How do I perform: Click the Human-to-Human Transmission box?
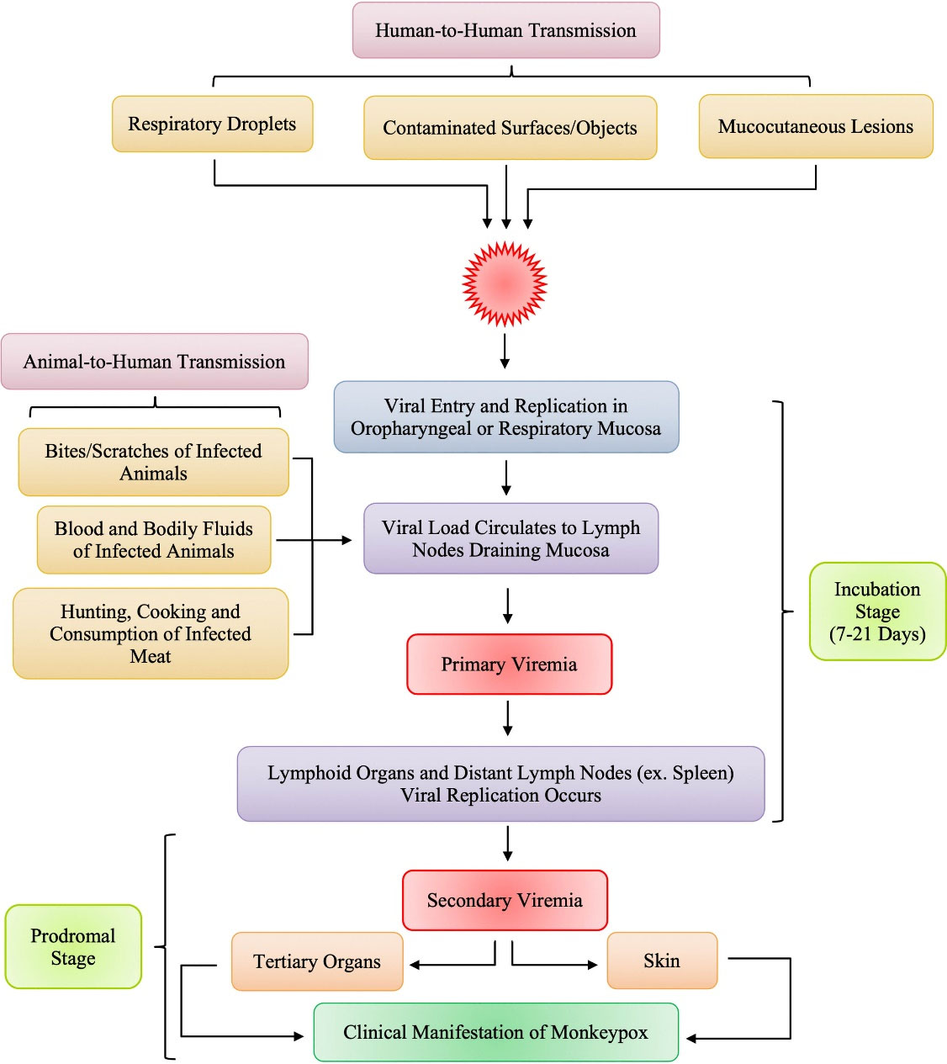pos(505,30)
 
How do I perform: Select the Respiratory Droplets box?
pos(212,124)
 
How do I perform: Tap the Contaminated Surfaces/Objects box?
pos(510,128)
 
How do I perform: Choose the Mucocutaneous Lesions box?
pos(815,126)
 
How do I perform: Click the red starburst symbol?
pos(505,283)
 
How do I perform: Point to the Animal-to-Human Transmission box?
pos(155,362)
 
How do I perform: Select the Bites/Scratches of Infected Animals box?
pos(153,462)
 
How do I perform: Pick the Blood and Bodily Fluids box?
pos(154,539)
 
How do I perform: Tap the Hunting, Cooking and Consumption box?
pos(151,633)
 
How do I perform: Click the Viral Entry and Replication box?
pos(505,417)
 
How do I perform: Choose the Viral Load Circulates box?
pos(511,538)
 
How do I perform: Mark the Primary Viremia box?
pos(509,664)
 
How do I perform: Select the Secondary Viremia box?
pos(505,900)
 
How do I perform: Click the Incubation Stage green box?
pos(877,611)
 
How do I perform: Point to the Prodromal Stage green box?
pos(73,946)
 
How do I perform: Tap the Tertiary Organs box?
pos(317,961)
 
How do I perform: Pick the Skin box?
pos(662,961)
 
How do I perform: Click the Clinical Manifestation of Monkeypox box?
pos(495,1032)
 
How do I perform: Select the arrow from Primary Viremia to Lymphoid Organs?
pos(507,718)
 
